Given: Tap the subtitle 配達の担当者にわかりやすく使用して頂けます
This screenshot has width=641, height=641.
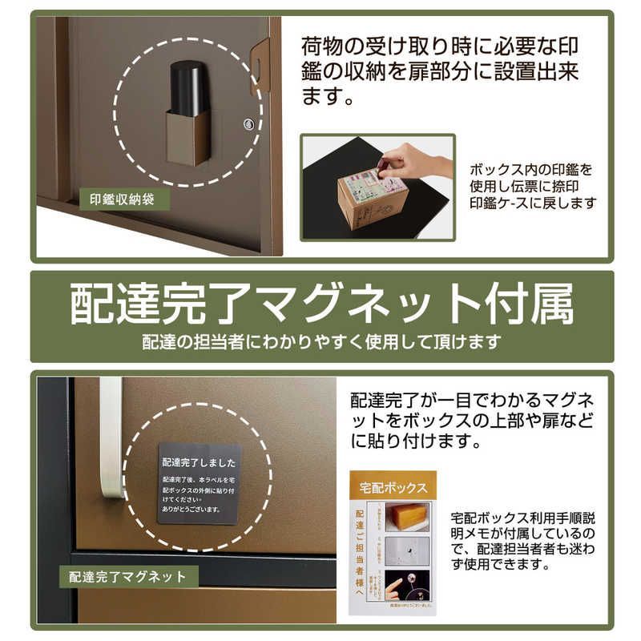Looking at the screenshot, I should tap(321, 341).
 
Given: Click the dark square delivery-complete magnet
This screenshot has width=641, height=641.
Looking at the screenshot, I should tap(199, 482).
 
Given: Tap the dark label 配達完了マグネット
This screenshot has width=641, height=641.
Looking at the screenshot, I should tap(128, 575).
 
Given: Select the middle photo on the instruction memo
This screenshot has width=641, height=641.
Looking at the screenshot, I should tap(407, 553).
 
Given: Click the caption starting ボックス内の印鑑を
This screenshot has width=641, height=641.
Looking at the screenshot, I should tap(533, 187).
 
